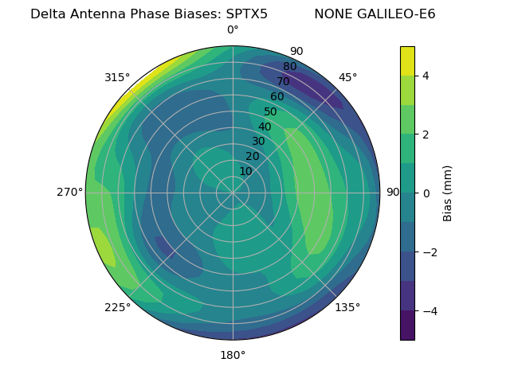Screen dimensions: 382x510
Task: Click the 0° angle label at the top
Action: [x=233, y=30]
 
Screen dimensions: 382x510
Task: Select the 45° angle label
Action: [x=348, y=77]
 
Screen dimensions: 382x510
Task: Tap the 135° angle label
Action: [x=347, y=307]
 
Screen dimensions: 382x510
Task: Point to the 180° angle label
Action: [x=233, y=355]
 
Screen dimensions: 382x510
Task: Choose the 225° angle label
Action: [x=117, y=307]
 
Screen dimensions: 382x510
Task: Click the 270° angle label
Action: [x=70, y=192]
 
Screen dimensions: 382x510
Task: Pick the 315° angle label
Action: [x=117, y=77]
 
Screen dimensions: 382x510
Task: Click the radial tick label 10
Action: [x=245, y=171]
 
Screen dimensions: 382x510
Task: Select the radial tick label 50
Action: [x=271, y=111]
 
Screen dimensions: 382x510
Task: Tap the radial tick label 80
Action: [x=290, y=67]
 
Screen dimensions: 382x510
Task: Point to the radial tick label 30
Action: [x=258, y=142]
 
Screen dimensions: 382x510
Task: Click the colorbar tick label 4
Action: [x=426, y=76]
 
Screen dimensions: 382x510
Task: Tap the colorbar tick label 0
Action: [x=426, y=193]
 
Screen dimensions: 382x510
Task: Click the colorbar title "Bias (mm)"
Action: [x=448, y=193]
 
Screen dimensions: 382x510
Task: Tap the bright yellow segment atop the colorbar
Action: [x=407, y=60]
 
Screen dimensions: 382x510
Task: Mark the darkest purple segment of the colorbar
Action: [x=407, y=325]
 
